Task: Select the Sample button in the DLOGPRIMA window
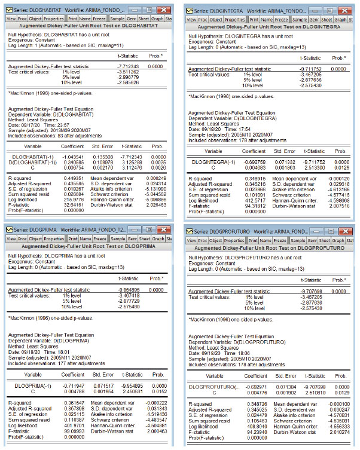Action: tap(119, 238)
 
